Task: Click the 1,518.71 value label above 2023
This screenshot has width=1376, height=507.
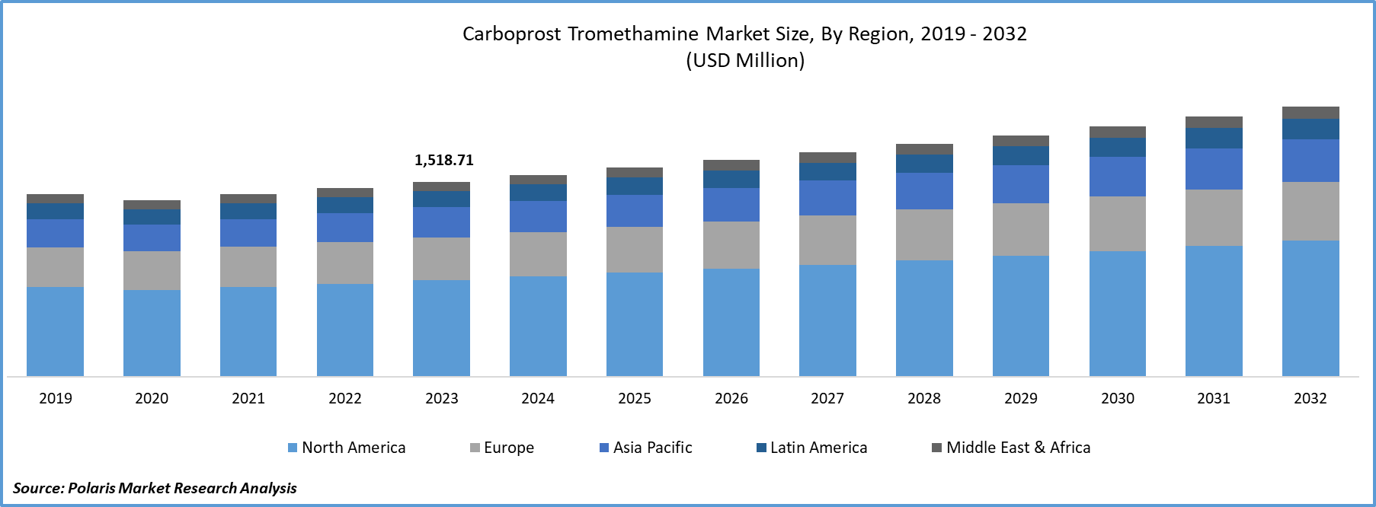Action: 443,160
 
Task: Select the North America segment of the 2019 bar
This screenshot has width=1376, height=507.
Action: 55,331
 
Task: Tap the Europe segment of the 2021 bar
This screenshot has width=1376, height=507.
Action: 248,266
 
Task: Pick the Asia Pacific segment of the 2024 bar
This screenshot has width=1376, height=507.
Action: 538,216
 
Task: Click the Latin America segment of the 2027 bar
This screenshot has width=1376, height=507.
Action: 827,171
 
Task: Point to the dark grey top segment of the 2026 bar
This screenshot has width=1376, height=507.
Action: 731,165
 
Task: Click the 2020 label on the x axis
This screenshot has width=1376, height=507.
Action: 152,398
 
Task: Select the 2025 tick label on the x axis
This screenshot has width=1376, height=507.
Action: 635,398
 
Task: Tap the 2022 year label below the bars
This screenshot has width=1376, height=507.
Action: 345,398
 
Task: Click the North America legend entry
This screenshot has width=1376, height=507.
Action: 347,448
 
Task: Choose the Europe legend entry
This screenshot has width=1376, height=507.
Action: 503,448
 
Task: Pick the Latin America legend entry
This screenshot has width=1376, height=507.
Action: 812,448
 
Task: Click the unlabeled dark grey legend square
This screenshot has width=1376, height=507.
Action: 937,448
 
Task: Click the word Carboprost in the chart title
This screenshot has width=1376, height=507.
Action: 511,34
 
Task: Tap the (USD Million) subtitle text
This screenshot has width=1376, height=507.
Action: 745,60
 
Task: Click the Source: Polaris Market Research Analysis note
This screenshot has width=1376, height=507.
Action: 155,487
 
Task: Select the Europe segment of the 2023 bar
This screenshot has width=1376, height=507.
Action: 441,259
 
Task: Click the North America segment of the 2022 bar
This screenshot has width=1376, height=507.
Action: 345,330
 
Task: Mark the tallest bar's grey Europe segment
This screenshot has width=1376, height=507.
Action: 1310,211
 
